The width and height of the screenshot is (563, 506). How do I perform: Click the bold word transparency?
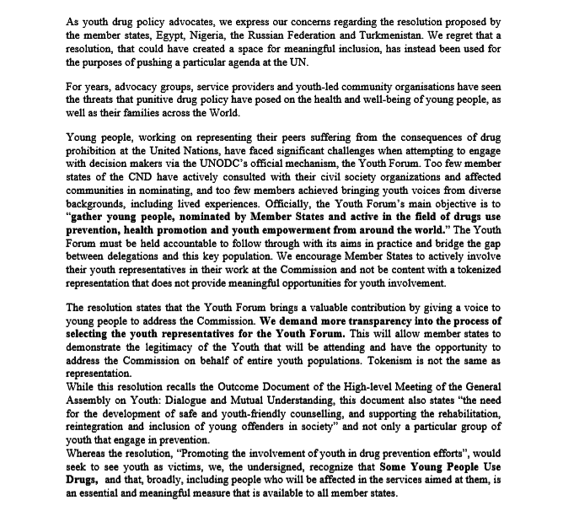362,322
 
